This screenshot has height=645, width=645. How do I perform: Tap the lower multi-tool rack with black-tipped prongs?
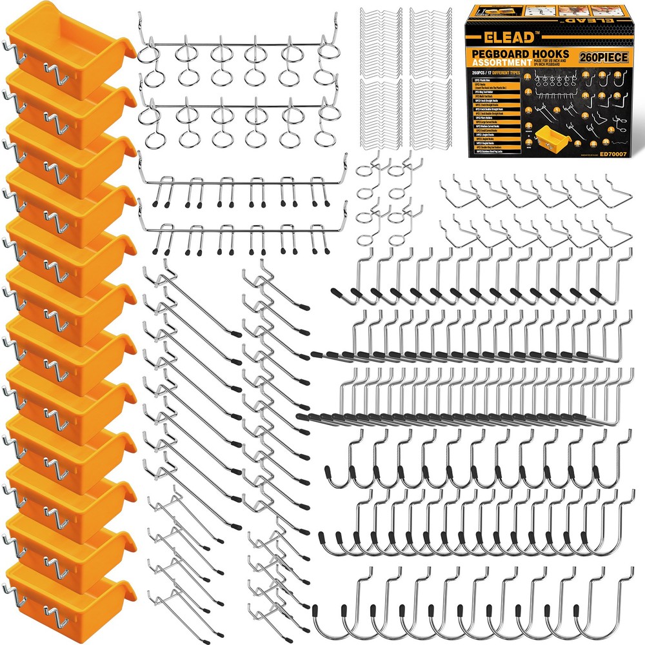click(x=235, y=235)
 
